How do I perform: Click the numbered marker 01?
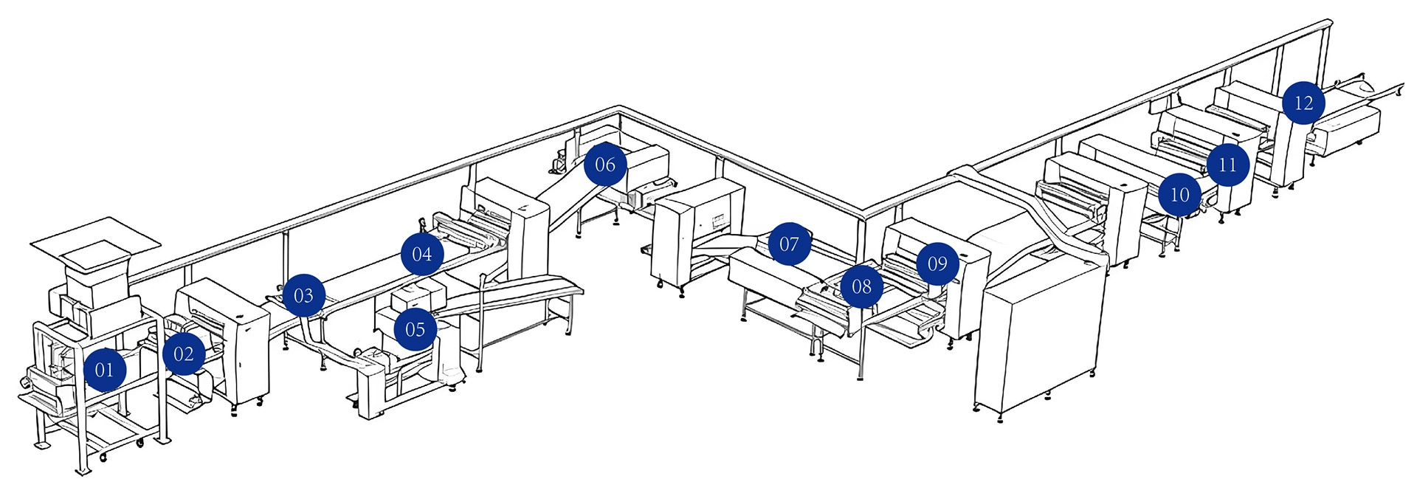(x=105, y=370)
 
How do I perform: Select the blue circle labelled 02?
(x=184, y=354)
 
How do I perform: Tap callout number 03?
(x=303, y=296)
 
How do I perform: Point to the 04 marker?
(x=422, y=255)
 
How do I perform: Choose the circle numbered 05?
(x=416, y=329)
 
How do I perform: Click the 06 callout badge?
(x=605, y=165)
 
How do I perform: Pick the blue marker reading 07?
(x=789, y=244)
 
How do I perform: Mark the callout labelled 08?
(x=861, y=286)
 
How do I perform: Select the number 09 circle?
(x=937, y=263)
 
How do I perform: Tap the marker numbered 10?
(x=1179, y=195)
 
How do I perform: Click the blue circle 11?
(x=1227, y=165)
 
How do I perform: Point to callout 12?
(x=1304, y=103)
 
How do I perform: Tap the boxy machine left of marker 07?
(x=697, y=232)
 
